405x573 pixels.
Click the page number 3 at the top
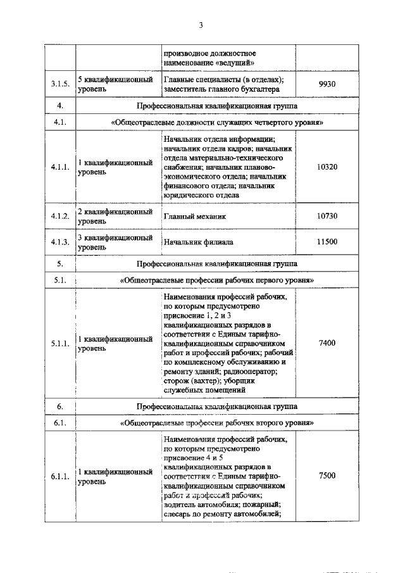point(201,25)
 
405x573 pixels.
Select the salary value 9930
point(327,84)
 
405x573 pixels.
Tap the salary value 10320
point(327,167)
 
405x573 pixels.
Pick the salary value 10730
point(327,217)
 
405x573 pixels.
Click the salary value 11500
point(327,242)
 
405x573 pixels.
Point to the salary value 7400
point(327,343)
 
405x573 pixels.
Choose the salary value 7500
point(327,475)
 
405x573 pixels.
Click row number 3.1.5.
point(60,84)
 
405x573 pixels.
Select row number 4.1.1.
point(60,167)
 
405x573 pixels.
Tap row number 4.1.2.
point(60,217)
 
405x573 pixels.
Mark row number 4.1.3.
point(60,242)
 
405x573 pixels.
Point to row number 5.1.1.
point(60,343)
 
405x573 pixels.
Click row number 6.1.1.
point(60,476)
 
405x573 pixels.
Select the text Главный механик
point(194,217)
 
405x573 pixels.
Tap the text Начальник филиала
point(198,242)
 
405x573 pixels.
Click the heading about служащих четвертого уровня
point(217,122)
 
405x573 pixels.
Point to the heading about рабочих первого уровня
point(217,279)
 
